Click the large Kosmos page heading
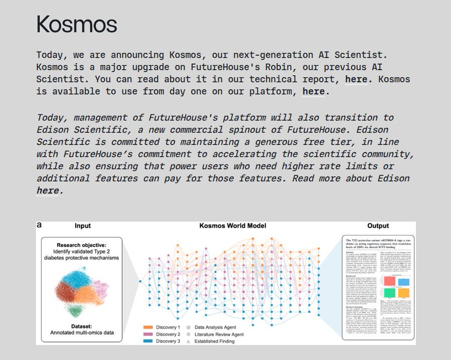tap(77, 24)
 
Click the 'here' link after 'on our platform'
tap(313, 92)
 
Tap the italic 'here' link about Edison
tap(48, 191)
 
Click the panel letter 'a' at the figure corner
tap(40, 225)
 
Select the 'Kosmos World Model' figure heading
tap(233, 226)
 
